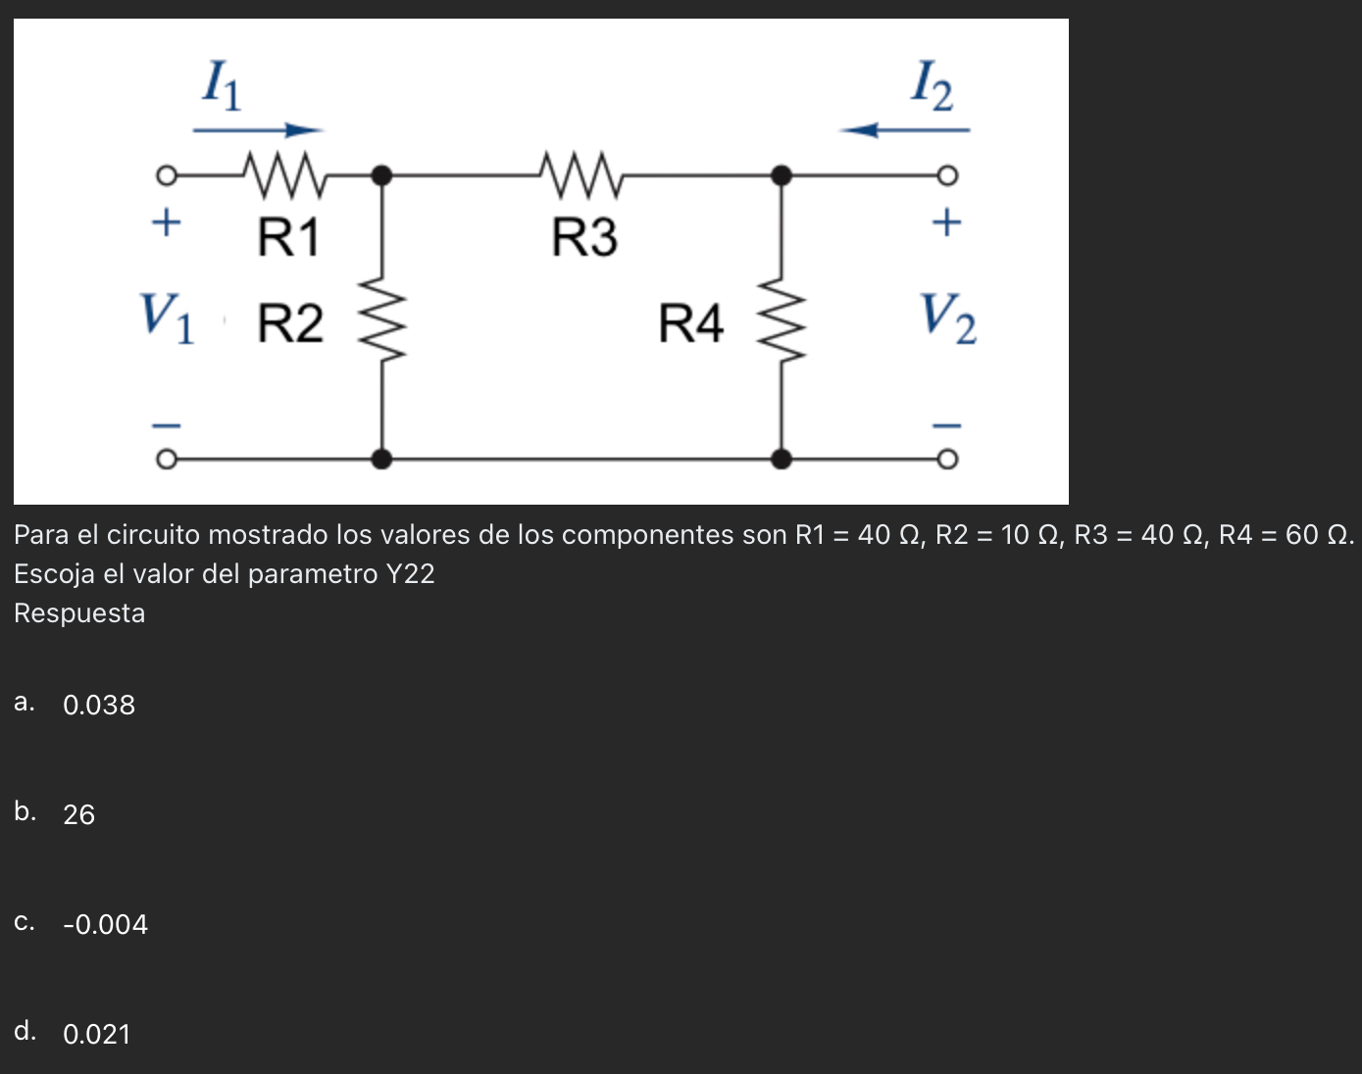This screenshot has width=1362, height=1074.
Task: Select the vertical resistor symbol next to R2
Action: pos(382,318)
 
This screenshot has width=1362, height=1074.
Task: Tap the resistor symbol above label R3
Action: pos(581,173)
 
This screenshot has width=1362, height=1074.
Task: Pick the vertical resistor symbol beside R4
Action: pos(782,318)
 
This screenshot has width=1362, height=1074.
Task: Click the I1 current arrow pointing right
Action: pos(258,129)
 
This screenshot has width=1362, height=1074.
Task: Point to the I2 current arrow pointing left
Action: pos(904,129)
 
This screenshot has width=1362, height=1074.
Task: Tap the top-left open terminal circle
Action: pos(167,176)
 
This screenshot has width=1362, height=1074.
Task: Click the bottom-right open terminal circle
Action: pos(946,460)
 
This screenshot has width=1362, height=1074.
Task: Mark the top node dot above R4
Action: pos(782,176)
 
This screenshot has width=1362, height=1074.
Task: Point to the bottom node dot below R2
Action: pos(382,459)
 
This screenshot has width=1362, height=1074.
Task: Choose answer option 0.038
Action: pos(99,705)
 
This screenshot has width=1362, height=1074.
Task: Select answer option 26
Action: pos(79,814)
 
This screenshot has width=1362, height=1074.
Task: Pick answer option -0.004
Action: pos(105,924)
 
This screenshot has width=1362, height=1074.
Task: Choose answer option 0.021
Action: pos(97,1034)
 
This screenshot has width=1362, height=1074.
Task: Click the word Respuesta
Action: pos(79,613)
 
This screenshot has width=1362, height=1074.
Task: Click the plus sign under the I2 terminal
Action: pos(946,222)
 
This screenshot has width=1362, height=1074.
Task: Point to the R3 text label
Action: pos(584,238)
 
